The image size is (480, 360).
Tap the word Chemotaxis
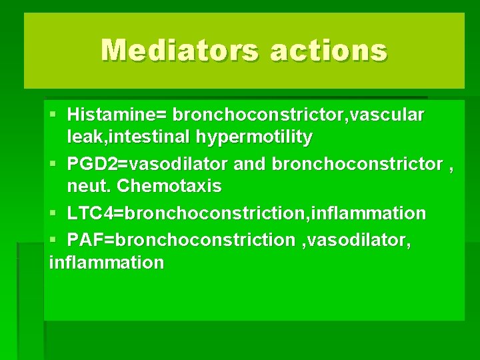click(x=169, y=187)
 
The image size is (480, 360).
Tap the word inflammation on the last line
click(x=106, y=263)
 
